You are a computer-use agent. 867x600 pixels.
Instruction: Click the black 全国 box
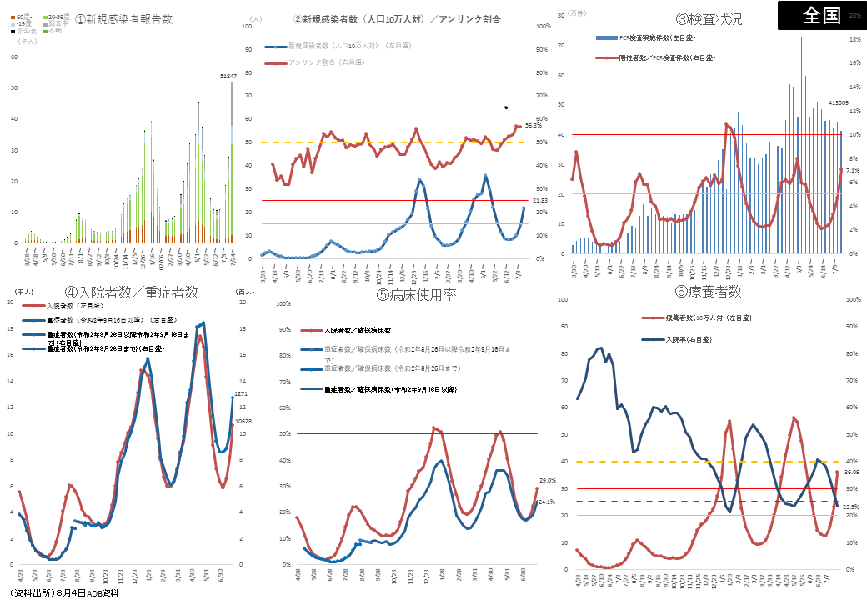(821, 15)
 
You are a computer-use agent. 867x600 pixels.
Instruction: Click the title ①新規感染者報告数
(123, 18)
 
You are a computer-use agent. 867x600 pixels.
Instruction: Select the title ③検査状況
(709, 19)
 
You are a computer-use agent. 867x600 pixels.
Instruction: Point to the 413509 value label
(838, 103)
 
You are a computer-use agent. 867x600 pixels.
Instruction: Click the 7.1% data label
(852, 170)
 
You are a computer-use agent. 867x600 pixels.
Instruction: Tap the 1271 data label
(241, 394)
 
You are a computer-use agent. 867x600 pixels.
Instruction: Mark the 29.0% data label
(548, 480)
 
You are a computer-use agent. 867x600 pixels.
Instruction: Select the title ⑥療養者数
(709, 292)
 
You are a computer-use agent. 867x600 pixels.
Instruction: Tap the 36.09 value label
(851, 472)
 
